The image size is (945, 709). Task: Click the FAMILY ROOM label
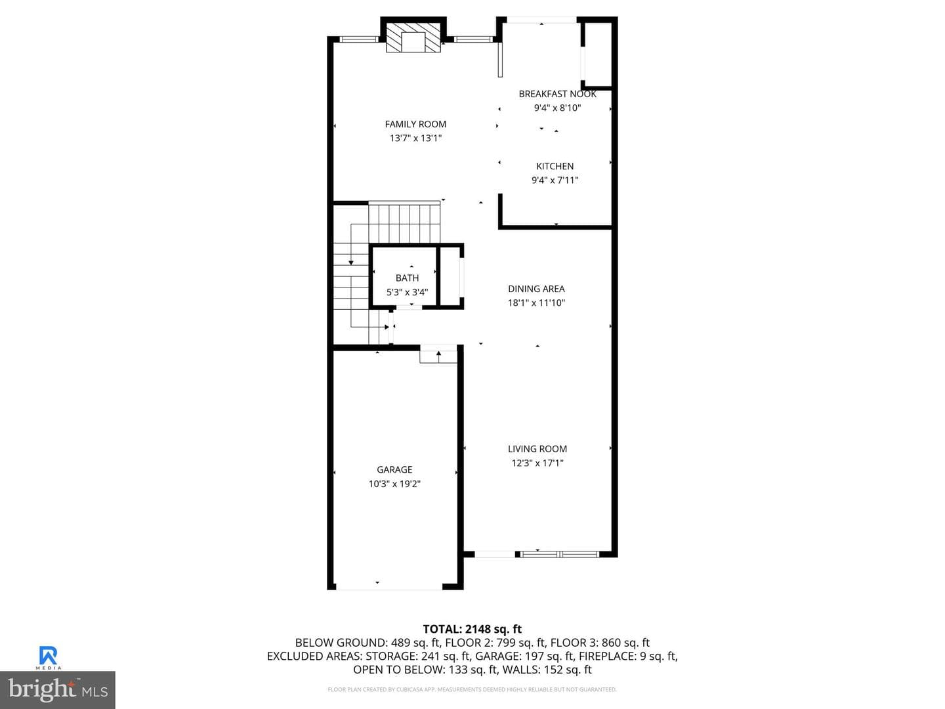click(x=415, y=125)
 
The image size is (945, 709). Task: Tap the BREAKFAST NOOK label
click(x=558, y=94)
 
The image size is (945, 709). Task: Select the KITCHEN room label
click(x=555, y=166)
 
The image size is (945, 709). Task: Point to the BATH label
click(x=408, y=278)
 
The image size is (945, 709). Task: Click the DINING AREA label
click(x=536, y=289)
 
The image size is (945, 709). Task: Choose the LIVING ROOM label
click(x=537, y=449)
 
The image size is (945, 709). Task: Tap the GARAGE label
click(x=394, y=469)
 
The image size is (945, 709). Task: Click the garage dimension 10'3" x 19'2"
click(x=394, y=484)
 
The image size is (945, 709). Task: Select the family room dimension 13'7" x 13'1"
click(x=416, y=138)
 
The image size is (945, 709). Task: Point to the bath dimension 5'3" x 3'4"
click(x=408, y=292)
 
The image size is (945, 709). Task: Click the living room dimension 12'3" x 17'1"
click(x=537, y=463)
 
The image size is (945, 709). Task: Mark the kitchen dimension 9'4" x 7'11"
click(x=555, y=181)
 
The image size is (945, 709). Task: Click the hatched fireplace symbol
click(x=413, y=37)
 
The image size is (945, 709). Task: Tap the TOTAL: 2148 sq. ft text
click(x=472, y=630)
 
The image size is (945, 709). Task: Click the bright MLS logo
click(x=58, y=689)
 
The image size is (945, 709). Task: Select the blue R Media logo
click(x=48, y=657)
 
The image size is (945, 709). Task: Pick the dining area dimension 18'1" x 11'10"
click(x=536, y=303)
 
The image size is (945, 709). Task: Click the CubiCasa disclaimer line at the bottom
click(x=472, y=689)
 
